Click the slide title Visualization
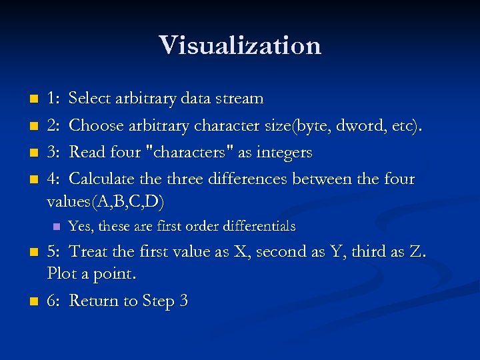(240, 45)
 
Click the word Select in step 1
(90, 99)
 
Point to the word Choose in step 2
(94, 125)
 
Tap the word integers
(285, 153)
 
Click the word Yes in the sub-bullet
(80, 227)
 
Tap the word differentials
(256, 227)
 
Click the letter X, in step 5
(241, 252)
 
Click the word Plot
(63, 273)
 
